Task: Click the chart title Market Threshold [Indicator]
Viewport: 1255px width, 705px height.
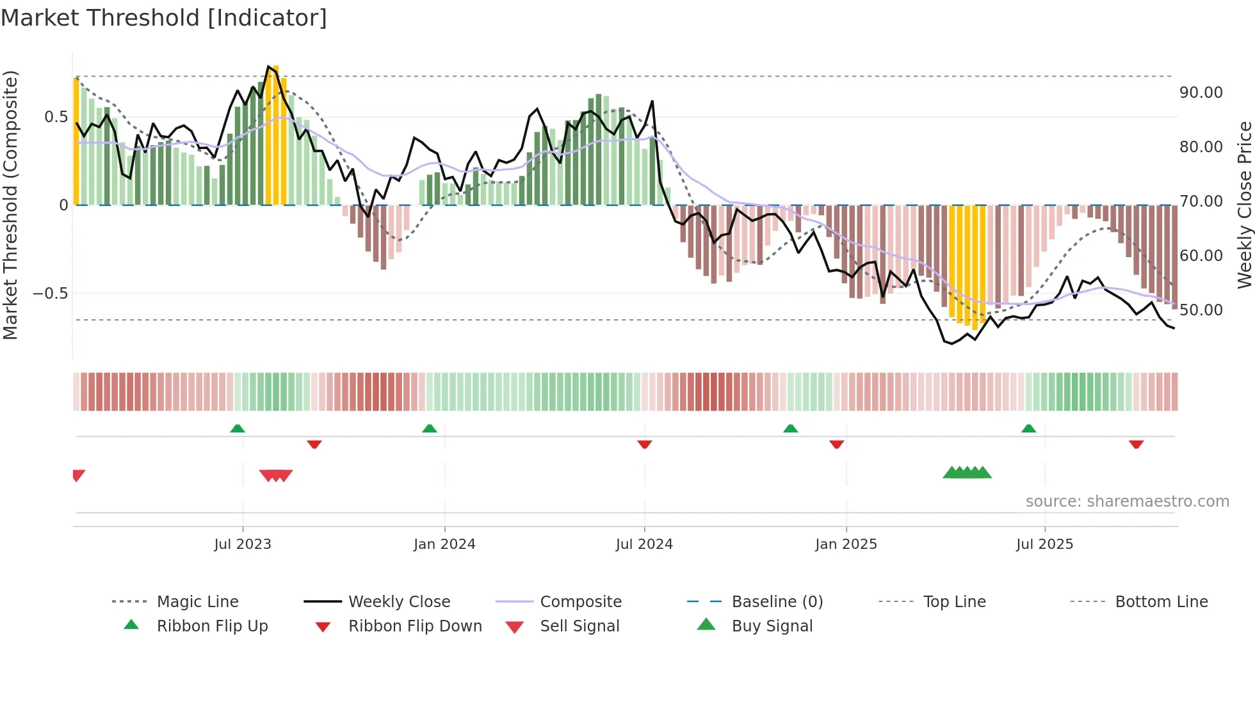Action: click(164, 18)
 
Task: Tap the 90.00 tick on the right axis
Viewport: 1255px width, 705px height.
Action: click(1201, 93)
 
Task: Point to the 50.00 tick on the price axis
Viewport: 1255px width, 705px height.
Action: click(1201, 310)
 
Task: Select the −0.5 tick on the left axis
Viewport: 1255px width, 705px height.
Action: click(50, 294)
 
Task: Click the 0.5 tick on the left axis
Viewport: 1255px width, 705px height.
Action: click(56, 117)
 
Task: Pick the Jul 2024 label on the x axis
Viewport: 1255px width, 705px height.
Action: click(644, 544)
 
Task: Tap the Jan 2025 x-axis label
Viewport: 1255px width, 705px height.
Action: click(845, 544)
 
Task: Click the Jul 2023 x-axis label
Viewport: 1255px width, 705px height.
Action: click(243, 544)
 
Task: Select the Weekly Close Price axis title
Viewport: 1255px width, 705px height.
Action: click(1243, 205)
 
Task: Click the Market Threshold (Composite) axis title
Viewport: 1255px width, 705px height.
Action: click(10, 205)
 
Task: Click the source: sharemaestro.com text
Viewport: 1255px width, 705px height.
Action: click(1127, 502)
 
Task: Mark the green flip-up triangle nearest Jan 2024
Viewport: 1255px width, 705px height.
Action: click(430, 429)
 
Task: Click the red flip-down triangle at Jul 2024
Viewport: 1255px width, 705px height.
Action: click(644, 444)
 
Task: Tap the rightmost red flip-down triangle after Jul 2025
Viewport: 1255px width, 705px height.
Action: click(1136, 444)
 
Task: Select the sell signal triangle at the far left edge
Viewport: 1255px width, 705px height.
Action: click(78, 475)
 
